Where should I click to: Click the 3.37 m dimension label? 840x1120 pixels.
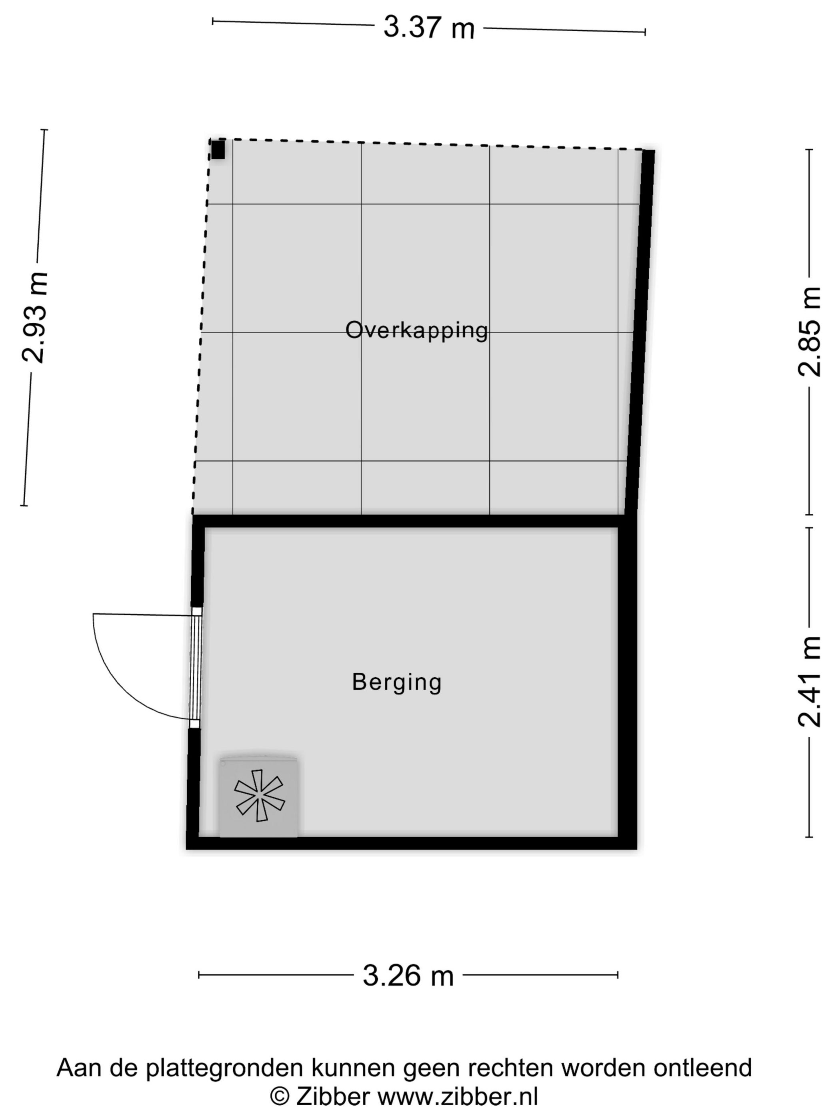[428, 28]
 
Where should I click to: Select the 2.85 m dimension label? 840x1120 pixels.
[809, 332]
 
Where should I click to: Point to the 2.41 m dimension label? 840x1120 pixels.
[809, 682]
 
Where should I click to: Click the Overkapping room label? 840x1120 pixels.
[416, 330]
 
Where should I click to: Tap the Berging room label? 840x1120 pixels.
[396, 682]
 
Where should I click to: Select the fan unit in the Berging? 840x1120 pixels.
[259, 796]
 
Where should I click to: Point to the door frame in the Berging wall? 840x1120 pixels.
[196, 667]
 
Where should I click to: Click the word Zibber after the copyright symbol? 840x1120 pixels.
[333, 1097]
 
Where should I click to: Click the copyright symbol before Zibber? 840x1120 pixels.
[280, 1097]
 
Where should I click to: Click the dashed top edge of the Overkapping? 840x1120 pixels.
[425, 144]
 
